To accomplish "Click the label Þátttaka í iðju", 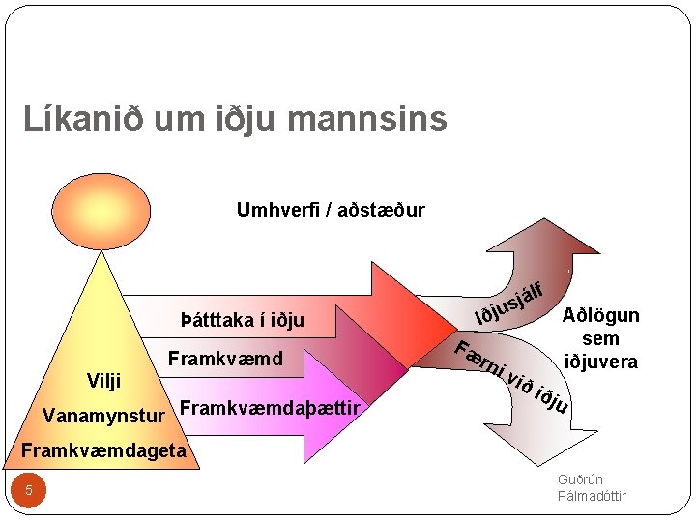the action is click(243, 320).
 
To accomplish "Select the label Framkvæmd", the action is click(225, 360).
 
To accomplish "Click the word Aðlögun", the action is click(600, 317).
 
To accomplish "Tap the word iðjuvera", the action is click(600, 361).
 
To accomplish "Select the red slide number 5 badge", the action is click(29, 490).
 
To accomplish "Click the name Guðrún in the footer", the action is click(580, 480).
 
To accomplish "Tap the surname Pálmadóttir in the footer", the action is click(592, 496).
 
